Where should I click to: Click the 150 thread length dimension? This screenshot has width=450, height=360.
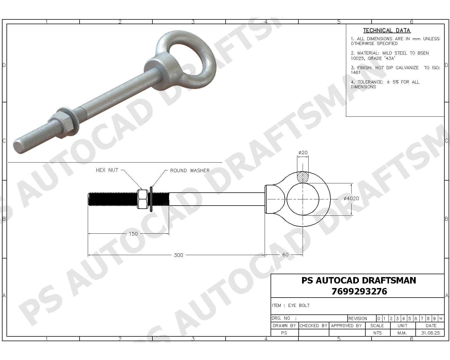pos(133,234)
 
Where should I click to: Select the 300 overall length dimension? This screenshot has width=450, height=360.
pos(178,255)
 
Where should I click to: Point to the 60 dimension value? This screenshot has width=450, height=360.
pos(285,255)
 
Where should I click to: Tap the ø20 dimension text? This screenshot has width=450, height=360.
pos(303,152)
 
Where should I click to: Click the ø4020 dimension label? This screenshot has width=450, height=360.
pos(351,199)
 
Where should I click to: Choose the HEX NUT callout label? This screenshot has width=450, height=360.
pos(107,170)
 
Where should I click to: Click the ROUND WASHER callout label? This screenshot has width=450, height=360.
pos(190,170)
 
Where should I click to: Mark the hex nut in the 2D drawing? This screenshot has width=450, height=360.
pos(143,199)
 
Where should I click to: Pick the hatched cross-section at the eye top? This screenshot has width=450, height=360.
pos(303,177)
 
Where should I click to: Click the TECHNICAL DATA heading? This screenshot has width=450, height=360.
pos(387,30)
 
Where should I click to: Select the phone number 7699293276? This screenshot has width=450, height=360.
pos(359,291)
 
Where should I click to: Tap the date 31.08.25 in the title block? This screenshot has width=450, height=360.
pos(430,333)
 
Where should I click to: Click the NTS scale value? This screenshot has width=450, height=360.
pos(377,333)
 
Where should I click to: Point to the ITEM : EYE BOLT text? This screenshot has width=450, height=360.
pos(291,305)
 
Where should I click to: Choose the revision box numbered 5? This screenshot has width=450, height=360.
pos(409,319)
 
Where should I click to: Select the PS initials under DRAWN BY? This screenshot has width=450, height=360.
pos(284,333)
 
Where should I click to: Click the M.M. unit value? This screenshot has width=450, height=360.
pos(402,333)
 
